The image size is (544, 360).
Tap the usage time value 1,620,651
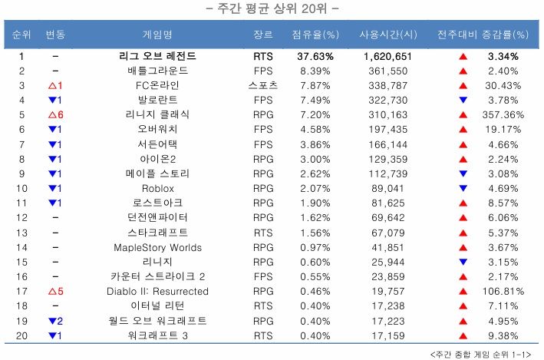tap(387, 57)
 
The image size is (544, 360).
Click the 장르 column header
tap(262, 35)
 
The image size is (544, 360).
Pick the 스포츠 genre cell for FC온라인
tap(262, 84)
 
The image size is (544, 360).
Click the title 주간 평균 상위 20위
tap(272, 9)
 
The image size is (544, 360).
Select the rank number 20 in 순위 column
tap(22, 335)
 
